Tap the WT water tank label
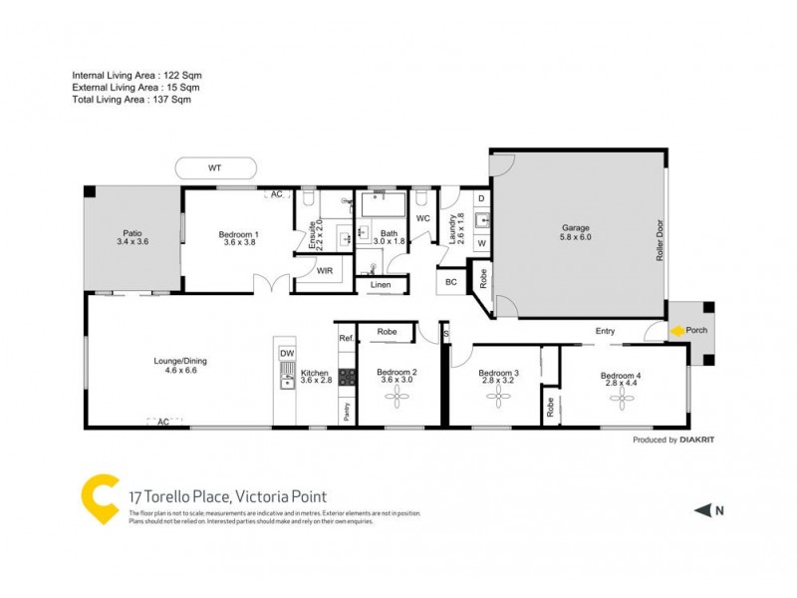pos(214,168)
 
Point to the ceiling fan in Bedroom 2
pos(398,398)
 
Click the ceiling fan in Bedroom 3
pos(497,398)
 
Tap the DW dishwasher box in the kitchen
pos(287,354)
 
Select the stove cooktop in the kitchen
pos(348,378)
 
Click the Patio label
pos(133,235)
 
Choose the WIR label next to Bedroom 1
pos(323,269)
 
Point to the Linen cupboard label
pos(381,285)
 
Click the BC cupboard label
pos(450,282)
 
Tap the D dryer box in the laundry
pos(480,199)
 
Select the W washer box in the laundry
pos(480,242)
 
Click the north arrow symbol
pos(703,510)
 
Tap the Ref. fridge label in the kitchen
pos(347,339)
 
